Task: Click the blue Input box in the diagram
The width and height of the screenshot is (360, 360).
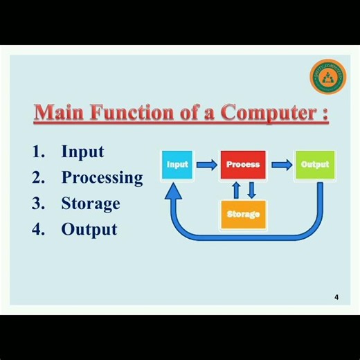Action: [x=177, y=165]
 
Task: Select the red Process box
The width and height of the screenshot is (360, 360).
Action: [x=243, y=165]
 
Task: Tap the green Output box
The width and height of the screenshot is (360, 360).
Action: [x=314, y=165]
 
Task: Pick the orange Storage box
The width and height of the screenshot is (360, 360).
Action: [x=243, y=214]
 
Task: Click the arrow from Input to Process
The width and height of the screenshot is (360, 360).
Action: [x=206, y=165]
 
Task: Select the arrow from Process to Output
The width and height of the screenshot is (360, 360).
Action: [x=281, y=165]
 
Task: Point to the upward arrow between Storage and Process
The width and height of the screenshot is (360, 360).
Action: [x=235, y=190]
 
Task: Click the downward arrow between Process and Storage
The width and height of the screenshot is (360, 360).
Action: [x=251, y=190]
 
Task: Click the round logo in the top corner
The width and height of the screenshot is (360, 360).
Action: [x=327, y=78]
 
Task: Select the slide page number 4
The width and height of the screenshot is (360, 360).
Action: [x=336, y=297]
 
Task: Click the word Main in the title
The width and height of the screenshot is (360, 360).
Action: [x=53, y=112]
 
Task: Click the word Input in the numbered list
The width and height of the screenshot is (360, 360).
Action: [x=82, y=152]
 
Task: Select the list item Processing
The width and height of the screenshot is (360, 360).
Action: [x=102, y=178]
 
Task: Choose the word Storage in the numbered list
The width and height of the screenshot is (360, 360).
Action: [x=91, y=204]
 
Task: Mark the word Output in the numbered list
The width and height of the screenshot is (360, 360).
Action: [x=89, y=229]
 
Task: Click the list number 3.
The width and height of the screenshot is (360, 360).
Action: [x=37, y=204]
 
